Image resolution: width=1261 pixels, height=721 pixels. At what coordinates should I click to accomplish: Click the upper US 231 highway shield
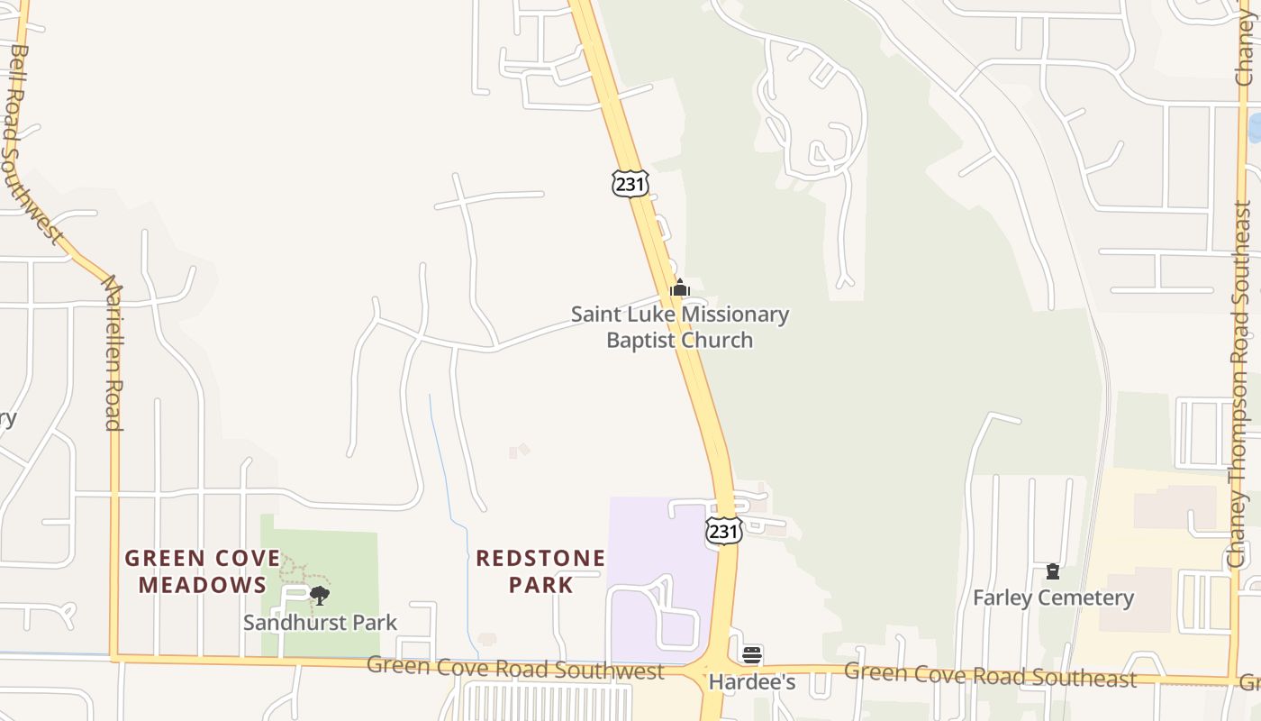[x=630, y=183]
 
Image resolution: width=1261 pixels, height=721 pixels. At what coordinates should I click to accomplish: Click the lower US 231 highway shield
[x=723, y=530]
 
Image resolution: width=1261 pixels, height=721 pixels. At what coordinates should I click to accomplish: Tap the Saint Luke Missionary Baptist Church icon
[x=680, y=288]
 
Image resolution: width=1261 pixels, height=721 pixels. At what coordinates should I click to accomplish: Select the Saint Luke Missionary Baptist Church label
[x=680, y=327]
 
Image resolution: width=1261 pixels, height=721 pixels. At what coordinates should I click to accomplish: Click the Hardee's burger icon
[x=752, y=655]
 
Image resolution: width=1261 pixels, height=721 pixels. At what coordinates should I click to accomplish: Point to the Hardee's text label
[x=752, y=682]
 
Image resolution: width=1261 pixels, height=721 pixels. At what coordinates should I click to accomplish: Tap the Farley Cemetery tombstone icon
[x=1052, y=571]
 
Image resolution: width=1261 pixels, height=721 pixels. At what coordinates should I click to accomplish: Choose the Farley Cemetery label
[x=1053, y=598]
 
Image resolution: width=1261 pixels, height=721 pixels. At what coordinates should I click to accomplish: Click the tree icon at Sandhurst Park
[x=319, y=595]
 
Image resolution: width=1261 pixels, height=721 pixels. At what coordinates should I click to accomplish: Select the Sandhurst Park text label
[x=320, y=622]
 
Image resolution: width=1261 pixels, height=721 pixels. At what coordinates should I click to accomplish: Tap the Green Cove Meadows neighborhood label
[x=203, y=571]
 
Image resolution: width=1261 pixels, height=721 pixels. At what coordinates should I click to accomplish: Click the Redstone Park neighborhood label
[x=540, y=571]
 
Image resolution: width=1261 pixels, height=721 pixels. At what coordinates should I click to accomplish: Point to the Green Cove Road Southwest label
[x=515, y=669]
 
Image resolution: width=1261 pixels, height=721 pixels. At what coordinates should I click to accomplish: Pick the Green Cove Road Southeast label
[x=989, y=675]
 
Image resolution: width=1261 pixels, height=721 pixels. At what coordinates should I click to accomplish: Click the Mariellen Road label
[x=113, y=353]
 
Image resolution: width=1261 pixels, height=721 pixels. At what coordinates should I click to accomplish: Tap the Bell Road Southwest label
[x=34, y=144]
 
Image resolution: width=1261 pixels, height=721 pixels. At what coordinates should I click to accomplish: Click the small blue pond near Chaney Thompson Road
[x=1255, y=127]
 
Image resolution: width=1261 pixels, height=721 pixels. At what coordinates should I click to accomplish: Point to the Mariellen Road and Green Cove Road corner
[x=114, y=658]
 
